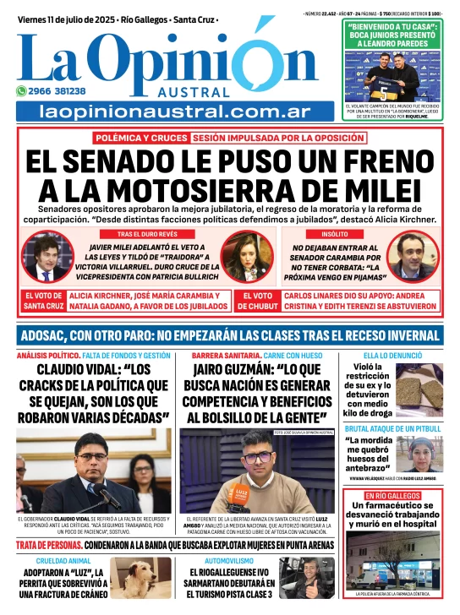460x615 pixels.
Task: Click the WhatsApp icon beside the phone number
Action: click(x=21, y=91)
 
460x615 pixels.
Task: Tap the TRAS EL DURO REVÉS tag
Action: click(x=146, y=232)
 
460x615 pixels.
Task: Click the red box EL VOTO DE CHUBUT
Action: click(x=252, y=301)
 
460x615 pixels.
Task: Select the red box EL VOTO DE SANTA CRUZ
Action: click(x=43, y=301)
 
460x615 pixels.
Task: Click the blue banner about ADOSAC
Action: click(x=229, y=335)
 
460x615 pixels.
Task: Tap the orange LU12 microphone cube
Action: click(x=241, y=493)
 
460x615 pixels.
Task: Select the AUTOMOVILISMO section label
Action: click(x=228, y=560)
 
